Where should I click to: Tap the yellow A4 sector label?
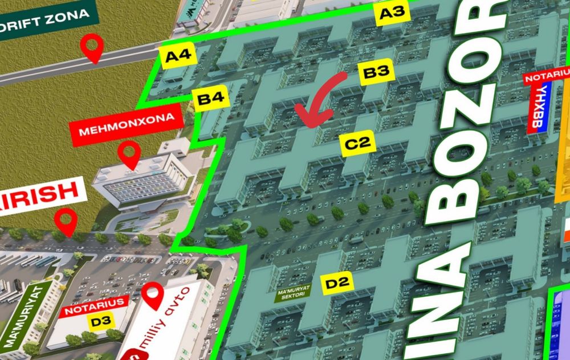(178, 56)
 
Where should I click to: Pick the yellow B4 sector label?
(210, 100)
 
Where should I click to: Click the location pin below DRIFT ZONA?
(92, 48)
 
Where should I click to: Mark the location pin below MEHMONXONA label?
(129, 155)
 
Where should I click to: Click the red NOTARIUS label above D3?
(93, 310)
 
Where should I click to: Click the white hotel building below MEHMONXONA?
(142, 179)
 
